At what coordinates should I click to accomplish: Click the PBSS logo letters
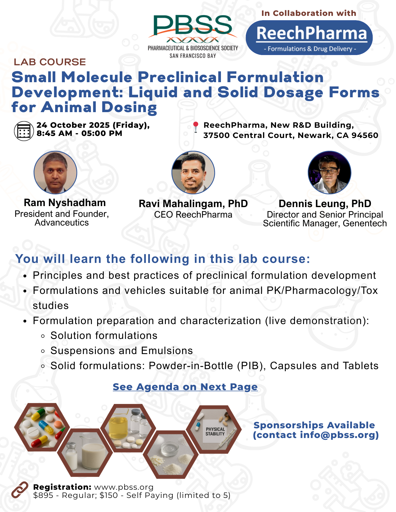click(193, 25)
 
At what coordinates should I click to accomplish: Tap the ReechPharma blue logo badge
click(309, 38)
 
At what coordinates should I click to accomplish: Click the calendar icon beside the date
click(24, 131)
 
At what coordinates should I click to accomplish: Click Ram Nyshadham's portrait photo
click(55, 172)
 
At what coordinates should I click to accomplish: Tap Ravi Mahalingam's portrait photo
click(193, 172)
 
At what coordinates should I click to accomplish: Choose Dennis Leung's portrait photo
click(330, 172)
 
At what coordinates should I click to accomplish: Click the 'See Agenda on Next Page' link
click(185, 387)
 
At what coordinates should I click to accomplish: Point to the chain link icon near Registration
click(20, 490)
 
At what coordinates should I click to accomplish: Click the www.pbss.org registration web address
click(124, 487)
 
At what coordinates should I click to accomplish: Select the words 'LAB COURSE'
click(50, 62)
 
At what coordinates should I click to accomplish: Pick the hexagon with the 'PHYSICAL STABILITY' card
click(214, 429)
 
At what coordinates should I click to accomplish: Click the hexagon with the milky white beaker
click(85, 453)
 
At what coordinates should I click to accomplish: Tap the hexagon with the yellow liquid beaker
click(128, 428)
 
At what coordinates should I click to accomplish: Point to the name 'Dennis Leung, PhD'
click(325, 204)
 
